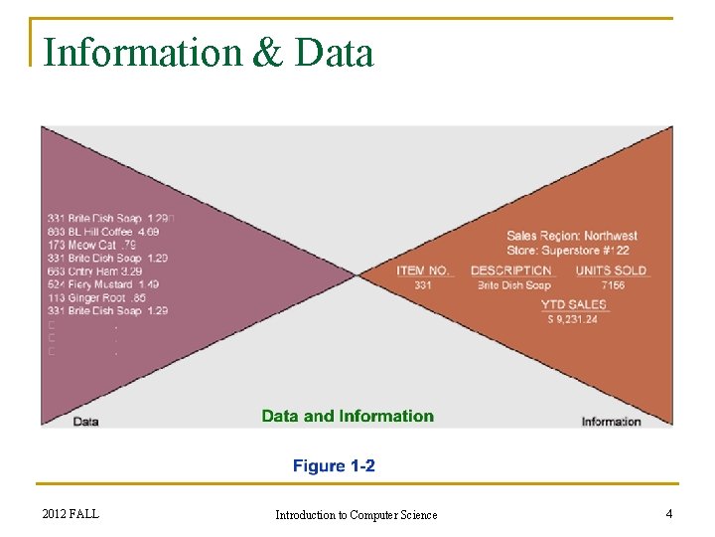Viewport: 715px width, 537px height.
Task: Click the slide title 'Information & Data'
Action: pyautogui.click(x=209, y=52)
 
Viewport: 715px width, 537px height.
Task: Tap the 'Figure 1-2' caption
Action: pyautogui.click(x=334, y=465)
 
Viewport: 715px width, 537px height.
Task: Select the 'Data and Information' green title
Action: pyautogui.click(x=348, y=416)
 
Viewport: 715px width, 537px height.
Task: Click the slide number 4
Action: pyautogui.click(x=669, y=513)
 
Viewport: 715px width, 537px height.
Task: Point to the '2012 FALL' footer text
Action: pyautogui.click(x=71, y=513)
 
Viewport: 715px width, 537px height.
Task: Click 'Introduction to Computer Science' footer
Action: pyautogui.click(x=356, y=514)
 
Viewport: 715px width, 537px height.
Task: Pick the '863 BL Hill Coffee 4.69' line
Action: pyautogui.click(x=102, y=232)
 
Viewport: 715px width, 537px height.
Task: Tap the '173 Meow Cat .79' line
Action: pyautogui.click(x=90, y=245)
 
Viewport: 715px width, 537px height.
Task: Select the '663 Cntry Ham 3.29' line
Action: pyautogui.click(x=94, y=270)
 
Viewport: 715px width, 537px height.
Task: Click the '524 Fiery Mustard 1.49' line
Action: pyautogui.click(x=102, y=284)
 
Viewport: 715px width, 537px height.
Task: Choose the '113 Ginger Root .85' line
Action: pyautogui.click(x=95, y=297)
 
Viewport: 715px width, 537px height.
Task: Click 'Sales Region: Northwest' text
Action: pyautogui.click(x=572, y=236)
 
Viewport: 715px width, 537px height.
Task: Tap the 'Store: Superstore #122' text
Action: pyautogui.click(x=568, y=250)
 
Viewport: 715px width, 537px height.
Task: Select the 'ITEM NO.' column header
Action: pyautogui.click(x=423, y=270)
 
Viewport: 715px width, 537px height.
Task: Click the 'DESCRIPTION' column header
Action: pyautogui.click(x=510, y=270)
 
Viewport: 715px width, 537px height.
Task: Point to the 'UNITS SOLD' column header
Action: pyautogui.click(x=611, y=270)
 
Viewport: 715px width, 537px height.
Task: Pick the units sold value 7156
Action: pyautogui.click(x=613, y=285)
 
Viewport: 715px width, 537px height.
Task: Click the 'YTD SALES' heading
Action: pyautogui.click(x=574, y=304)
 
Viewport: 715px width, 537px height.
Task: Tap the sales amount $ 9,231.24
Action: pyautogui.click(x=573, y=319)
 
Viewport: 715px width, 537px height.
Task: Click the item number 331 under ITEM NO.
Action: pyautogui.click(x=423, y=285)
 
